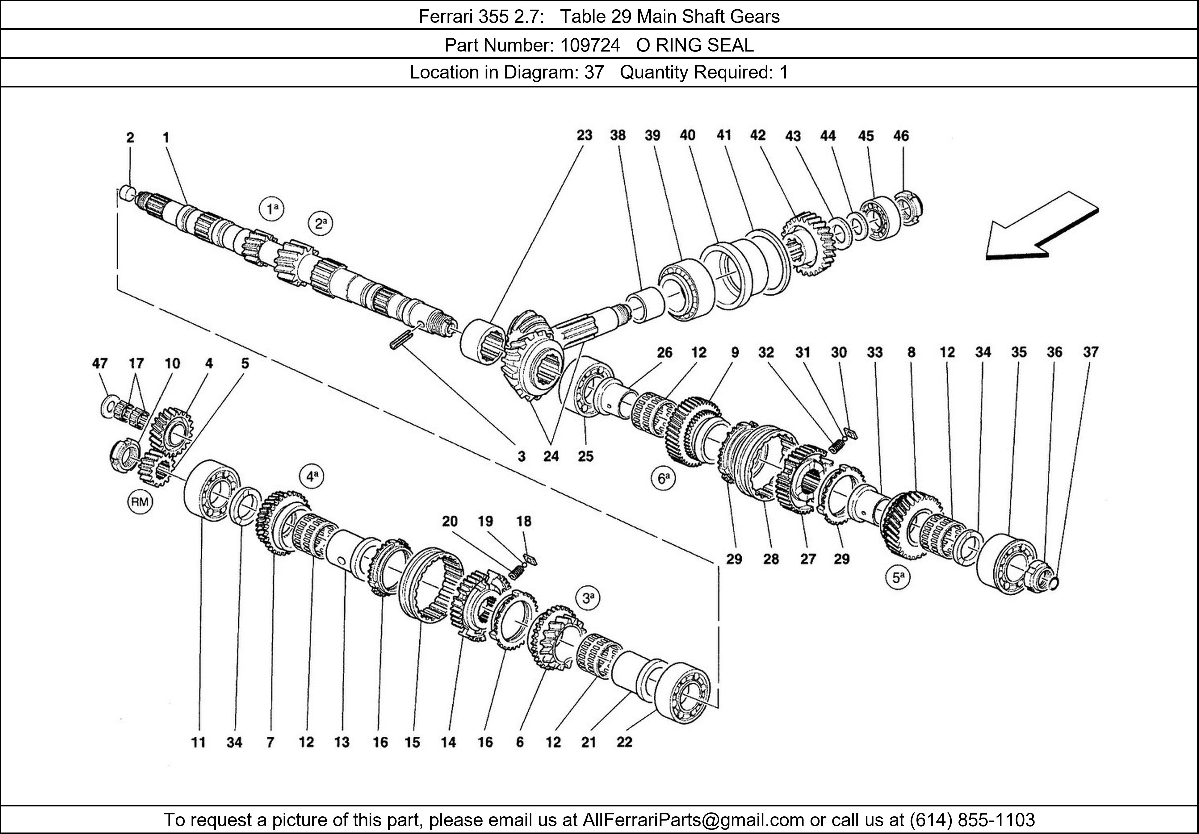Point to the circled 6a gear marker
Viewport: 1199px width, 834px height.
pyautogui.click(x=663, y=479)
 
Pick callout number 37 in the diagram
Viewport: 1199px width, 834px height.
pyautogui.click(x=1090, y=352)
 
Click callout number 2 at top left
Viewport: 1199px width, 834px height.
pyautogui.click(x=130, y=138)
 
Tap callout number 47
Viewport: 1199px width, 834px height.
pyautogui.click(x=100, y=363)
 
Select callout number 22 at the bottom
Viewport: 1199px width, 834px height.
pyautogui.click(x=625, y=742)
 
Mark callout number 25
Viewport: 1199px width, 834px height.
pyautogui.click(x=585, y=456)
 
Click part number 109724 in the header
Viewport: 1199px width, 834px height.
pyautogui.click(x=590, y=46)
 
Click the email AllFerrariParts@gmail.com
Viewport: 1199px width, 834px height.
pyautogui.click(x=693, y=820)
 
